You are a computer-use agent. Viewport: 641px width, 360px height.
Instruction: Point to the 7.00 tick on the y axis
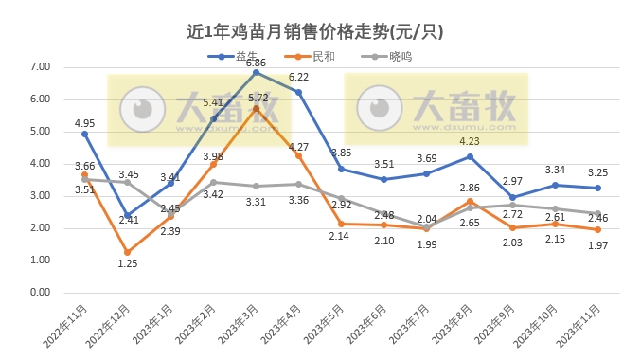[39, 67]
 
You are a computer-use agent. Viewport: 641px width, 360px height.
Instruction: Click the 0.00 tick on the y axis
[39, 293]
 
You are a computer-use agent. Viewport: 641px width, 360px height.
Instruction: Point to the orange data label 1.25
[128, 263]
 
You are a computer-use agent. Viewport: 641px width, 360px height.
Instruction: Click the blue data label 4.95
[85, 123]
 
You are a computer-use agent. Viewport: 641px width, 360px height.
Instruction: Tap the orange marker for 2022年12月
[128, 253]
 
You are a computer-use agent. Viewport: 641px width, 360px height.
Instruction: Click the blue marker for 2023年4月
[298, 92]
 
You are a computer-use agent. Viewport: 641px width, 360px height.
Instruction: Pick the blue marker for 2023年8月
[470, 156]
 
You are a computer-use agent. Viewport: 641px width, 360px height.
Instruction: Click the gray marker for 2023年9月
[512, 205]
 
